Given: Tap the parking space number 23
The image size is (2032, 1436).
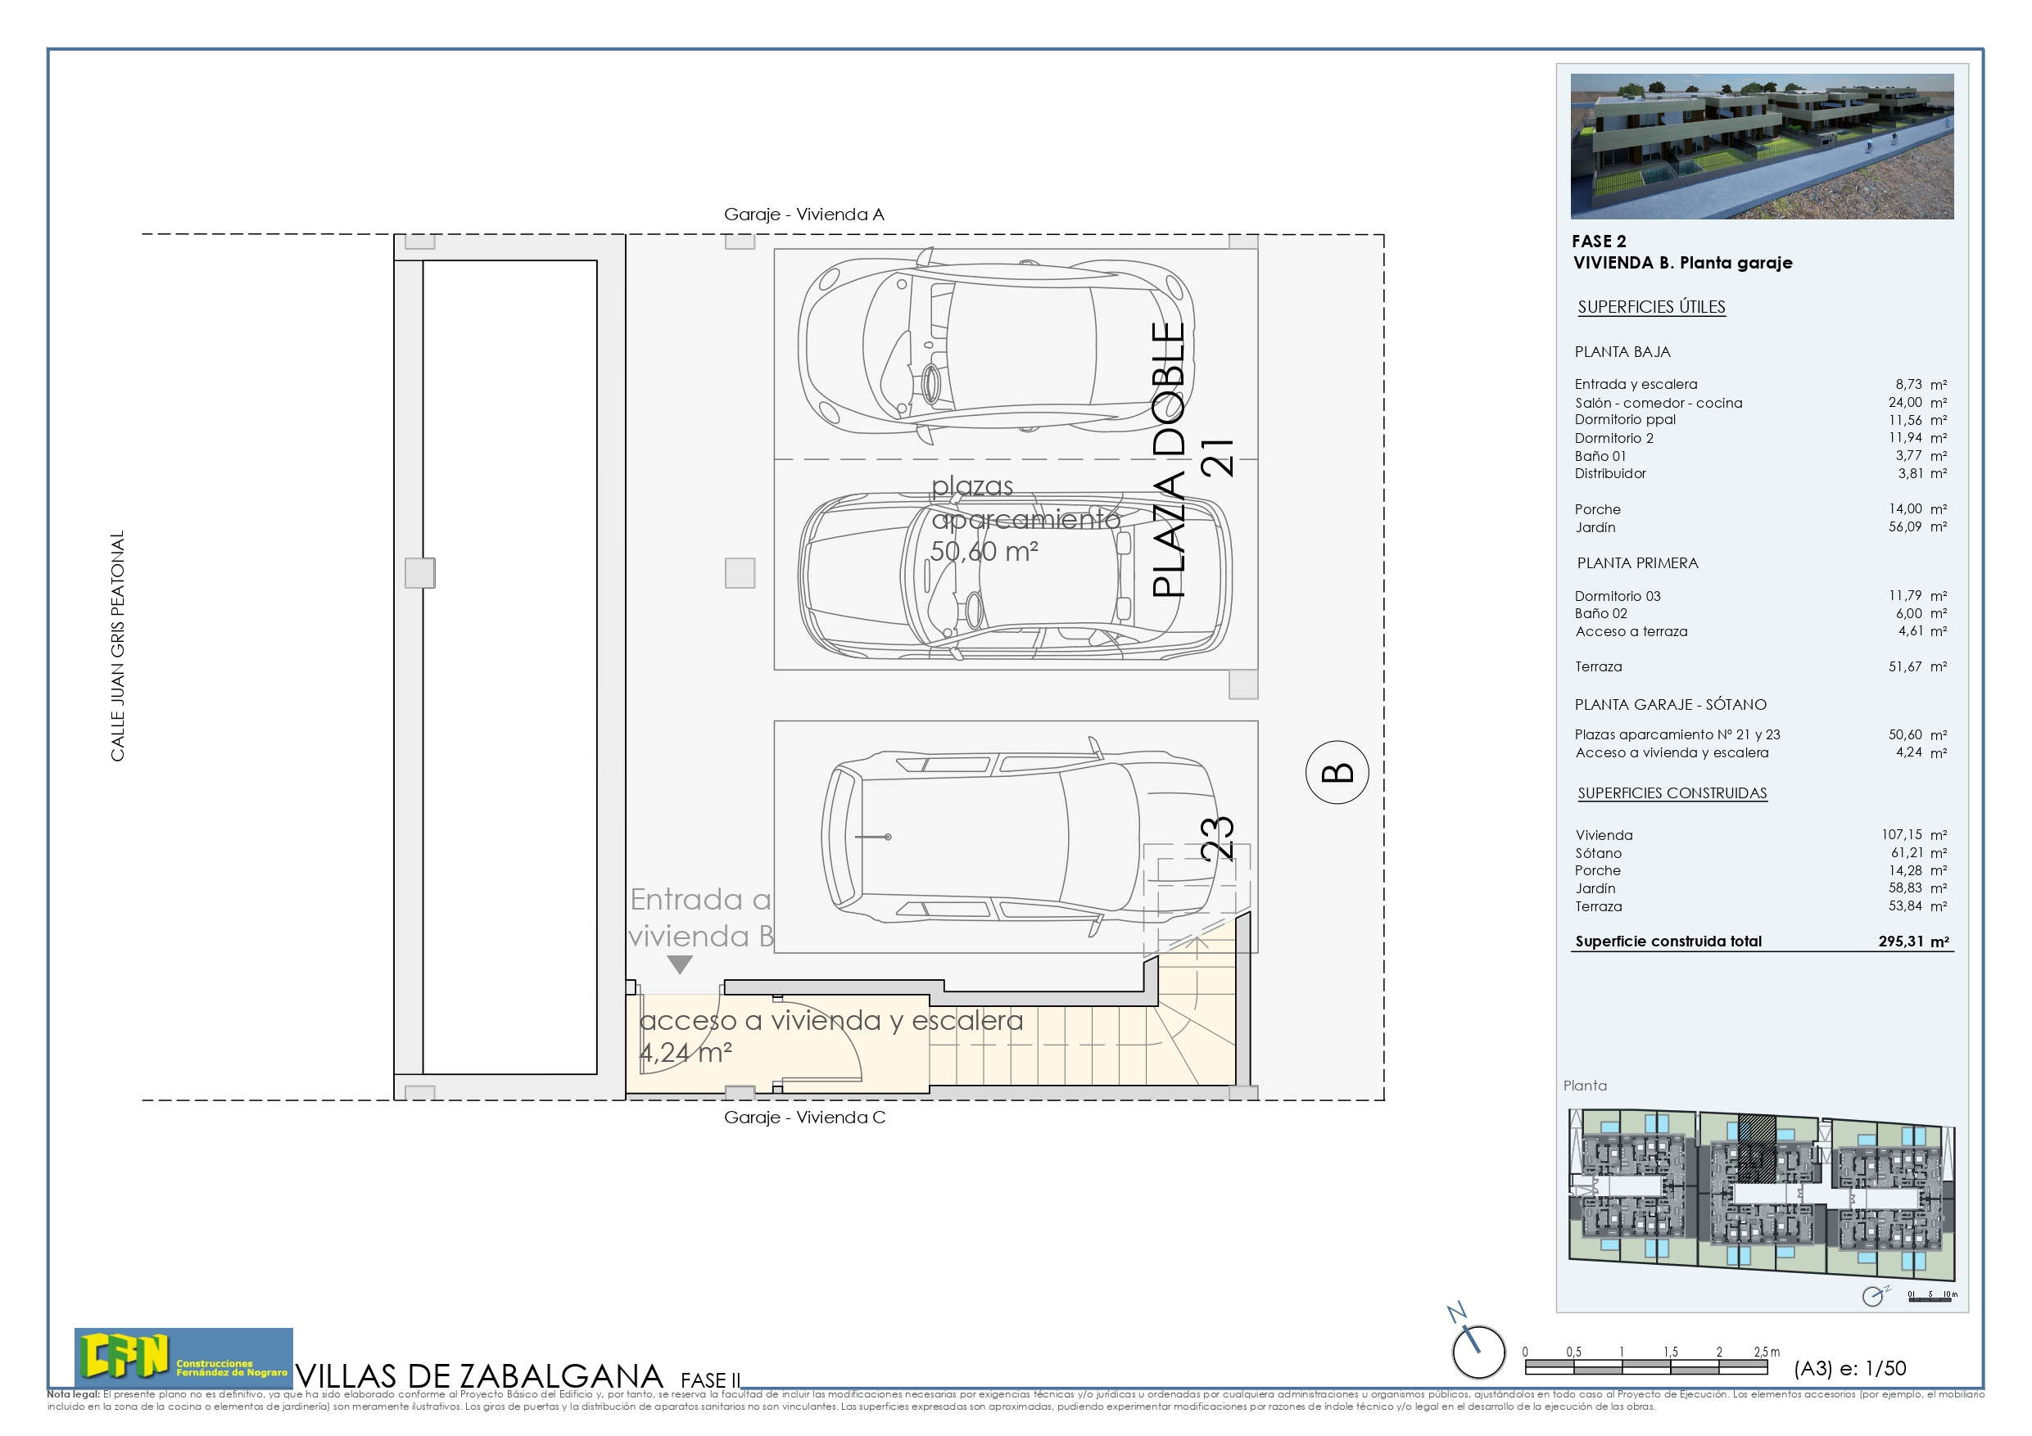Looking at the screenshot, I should coord(1217,838).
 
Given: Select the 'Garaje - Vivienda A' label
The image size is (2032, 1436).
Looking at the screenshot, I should coord(803,214).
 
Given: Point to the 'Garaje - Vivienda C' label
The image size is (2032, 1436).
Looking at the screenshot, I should coord(803,1118).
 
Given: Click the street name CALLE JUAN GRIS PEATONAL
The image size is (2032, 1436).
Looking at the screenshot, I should coord(118,646).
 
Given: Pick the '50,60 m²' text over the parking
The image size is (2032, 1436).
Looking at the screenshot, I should coord(984,552).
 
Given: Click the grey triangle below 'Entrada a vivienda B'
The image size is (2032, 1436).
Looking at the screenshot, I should coord(679,964).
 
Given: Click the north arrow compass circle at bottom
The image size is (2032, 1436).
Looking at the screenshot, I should coord(1478,1351).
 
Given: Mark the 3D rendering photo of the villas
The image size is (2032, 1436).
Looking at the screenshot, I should coord(1761,146).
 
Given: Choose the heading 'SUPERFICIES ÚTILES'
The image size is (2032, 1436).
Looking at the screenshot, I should coord(1650,307).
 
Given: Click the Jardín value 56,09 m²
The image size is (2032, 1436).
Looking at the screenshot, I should coord(1917,527).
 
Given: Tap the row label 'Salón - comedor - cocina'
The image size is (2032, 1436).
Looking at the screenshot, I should coord(1658,403).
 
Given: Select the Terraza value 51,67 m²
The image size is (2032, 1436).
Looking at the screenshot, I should coord(1917,667).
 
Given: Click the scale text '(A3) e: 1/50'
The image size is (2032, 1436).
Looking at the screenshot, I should coord(1849,1369).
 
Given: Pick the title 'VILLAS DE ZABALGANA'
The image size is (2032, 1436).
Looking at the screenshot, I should coord(479,1376).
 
